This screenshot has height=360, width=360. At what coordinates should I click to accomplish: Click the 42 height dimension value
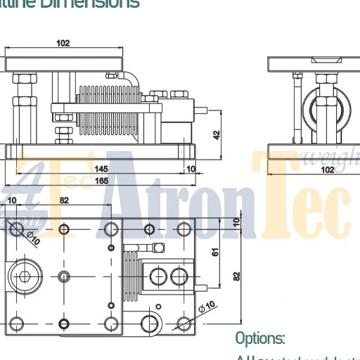217,134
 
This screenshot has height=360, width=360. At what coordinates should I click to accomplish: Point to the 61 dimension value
217,251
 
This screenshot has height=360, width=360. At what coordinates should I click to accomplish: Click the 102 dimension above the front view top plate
63,44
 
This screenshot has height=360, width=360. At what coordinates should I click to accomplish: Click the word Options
259,339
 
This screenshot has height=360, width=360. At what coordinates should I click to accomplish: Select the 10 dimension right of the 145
191,169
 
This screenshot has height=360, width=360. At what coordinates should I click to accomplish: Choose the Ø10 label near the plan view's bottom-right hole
207,307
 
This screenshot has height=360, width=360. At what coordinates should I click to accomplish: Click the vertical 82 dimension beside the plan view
236,276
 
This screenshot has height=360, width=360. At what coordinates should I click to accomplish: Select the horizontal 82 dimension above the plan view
64,201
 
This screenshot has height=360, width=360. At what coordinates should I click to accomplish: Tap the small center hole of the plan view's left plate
64,275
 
